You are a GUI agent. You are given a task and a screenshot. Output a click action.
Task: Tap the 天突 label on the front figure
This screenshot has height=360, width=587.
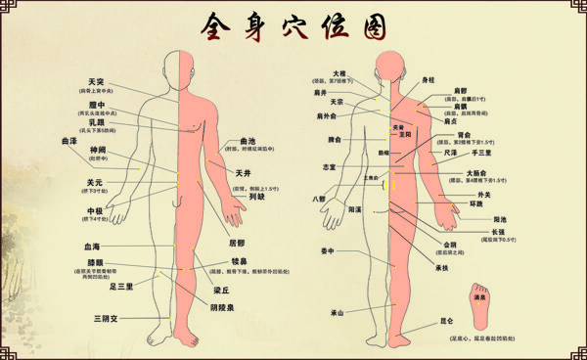[96, 81]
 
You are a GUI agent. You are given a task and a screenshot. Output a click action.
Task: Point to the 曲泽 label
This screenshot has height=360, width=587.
[69, 141]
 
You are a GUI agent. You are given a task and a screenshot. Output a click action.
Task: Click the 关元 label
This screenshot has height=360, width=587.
[95, 182]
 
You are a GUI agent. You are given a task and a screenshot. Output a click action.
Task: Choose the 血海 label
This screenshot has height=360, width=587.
[92, 247]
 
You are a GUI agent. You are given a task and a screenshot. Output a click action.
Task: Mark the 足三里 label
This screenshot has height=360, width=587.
[121, 286]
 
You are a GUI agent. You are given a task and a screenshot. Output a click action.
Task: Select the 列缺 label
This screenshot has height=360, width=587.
[257, 196]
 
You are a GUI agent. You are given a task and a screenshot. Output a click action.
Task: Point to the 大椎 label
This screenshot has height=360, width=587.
[339, 73]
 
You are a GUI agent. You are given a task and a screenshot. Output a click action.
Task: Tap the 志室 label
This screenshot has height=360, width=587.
[330, 167]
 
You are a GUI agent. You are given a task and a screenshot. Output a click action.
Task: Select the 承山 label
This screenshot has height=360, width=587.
[338, 313]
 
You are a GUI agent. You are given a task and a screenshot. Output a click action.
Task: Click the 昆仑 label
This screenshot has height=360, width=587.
[447, 320]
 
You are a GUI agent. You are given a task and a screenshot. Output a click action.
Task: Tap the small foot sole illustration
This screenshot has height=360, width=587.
[479, 305]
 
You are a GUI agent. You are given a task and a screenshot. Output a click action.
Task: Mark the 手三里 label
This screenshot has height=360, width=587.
[482, 154]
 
